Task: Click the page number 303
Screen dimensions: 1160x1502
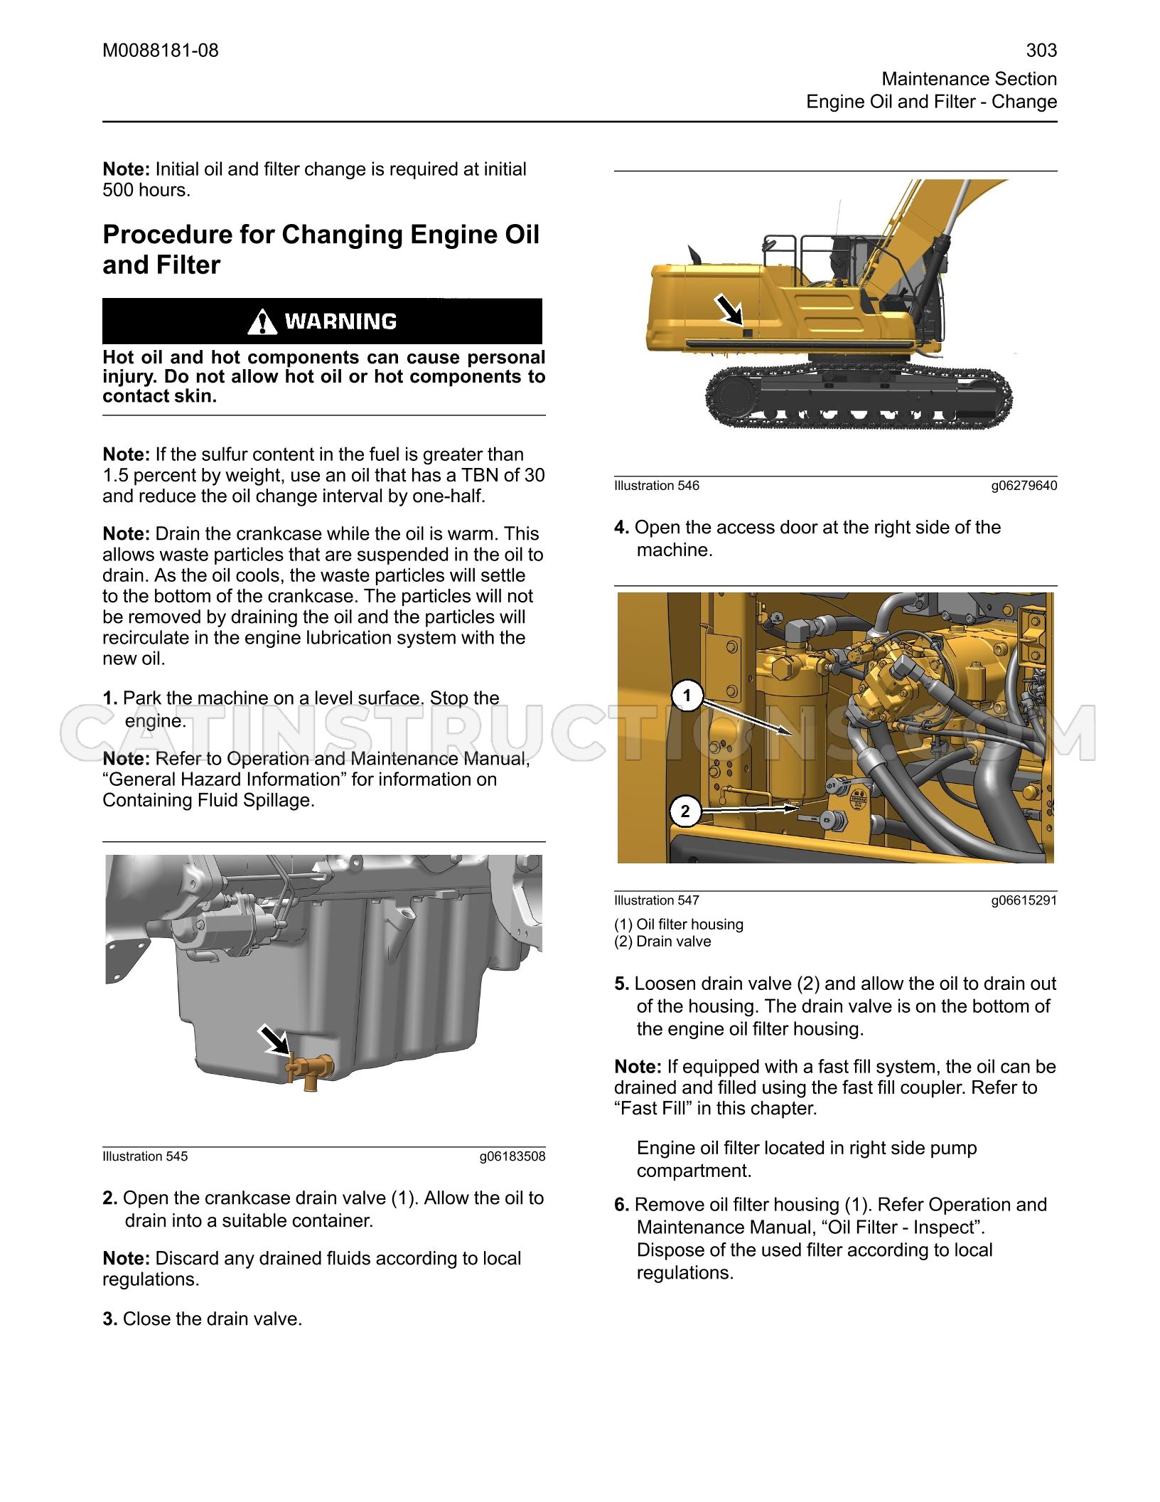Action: [1041, 50]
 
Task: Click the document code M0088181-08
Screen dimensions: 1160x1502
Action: [161, 50]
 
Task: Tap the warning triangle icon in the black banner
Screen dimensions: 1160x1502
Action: [262, 322]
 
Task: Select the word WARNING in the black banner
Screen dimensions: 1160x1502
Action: [340, 322]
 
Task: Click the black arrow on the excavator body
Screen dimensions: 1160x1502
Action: [729, 310]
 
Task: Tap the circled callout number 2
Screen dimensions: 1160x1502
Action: [685, 811]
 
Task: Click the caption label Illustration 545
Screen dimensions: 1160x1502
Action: [146, 1156]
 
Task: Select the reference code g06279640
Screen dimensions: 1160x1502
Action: [1024, 486]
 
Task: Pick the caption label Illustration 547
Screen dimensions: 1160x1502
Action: [657, 900]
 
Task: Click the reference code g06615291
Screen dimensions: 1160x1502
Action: [1024, 900]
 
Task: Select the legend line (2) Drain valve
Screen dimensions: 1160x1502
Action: [662, 942]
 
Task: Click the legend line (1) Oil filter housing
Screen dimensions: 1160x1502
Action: [679, 925]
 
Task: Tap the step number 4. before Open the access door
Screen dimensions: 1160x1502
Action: [622, 528]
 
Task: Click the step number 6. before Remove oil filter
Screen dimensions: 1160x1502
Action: [622, 1205]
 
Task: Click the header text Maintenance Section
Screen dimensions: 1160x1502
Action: [970, 79]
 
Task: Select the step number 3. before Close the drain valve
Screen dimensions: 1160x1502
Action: [110, 1319]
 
